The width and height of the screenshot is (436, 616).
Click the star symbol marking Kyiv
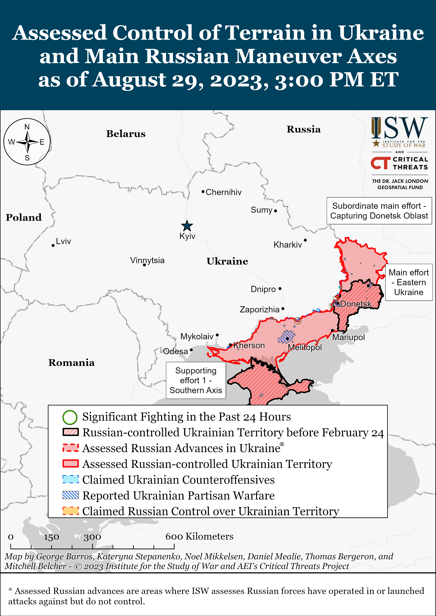[187, 226]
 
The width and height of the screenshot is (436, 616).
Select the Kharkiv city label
[288, 245]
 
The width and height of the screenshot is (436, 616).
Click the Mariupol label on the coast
[348, 337]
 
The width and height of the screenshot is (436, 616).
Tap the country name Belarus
[126, 134]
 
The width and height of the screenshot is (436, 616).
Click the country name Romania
[71, 363]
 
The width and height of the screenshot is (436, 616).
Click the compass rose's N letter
[27, 127]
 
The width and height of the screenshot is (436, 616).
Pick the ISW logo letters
[399, 128]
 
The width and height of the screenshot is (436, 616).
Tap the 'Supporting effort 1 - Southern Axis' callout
[196, 380]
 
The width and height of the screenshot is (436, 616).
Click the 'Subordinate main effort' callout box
[379, 211]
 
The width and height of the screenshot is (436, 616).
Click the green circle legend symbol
[70, 417]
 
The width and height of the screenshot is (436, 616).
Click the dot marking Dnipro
[280, 289]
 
